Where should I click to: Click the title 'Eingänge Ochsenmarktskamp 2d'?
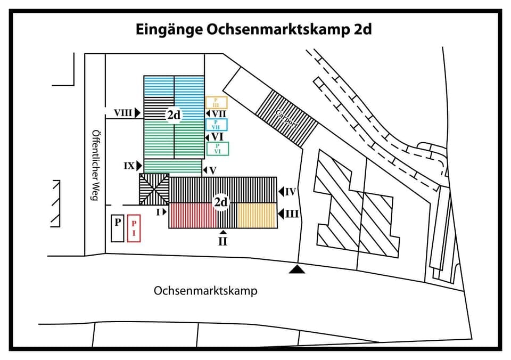coord(253,29)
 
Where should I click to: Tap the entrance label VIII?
coord(123,113)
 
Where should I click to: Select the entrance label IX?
coord(129,166)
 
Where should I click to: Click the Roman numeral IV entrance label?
coord(291,192)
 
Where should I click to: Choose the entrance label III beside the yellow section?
coord(292,214)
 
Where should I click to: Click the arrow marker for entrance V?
coord(204,171)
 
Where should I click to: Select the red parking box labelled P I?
coord(134,228)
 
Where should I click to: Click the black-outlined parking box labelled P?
coord(117,228)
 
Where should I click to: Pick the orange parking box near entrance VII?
coord(216,102)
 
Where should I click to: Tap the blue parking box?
coord(216,125)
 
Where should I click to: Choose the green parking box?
coord(217,149)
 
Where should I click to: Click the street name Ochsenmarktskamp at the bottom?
coord(205,291)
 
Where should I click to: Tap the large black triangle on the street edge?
coord(298,270)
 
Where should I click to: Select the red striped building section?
coord(192,215)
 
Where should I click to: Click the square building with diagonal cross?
coord(154,189)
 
